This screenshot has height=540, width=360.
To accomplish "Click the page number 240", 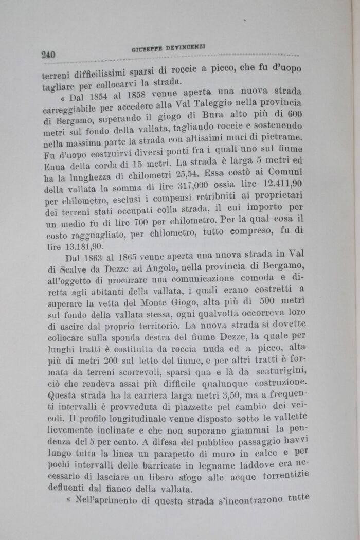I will (x=48, y=54).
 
